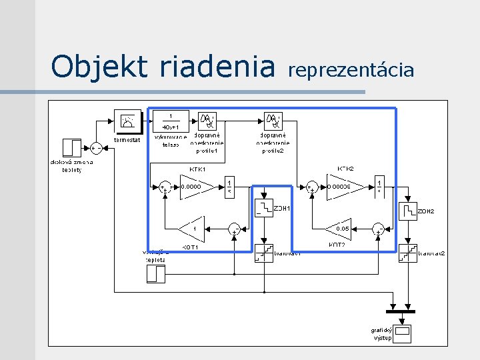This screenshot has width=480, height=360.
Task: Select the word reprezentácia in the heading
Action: point(351,69)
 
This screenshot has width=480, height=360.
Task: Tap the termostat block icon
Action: point(127,121)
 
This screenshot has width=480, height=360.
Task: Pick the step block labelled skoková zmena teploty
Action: point(71,148)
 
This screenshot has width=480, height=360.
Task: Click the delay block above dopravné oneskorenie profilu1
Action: point(207,121)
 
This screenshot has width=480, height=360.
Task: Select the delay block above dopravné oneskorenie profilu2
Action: point(273,121)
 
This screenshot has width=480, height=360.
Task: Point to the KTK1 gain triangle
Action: point(196,187)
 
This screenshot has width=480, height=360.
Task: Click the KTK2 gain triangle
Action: point(343,187)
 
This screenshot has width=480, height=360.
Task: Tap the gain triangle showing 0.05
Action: point(340,229)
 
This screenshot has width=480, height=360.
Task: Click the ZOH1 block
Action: point(264,208)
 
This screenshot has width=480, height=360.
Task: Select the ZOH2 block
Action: point(407,212)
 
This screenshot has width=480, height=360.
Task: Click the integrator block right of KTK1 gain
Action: point(229,187)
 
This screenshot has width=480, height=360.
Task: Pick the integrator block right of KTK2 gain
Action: point(379,187)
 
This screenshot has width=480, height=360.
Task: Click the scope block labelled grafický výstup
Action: point(403,331)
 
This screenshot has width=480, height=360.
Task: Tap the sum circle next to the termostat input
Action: point(97,147)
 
